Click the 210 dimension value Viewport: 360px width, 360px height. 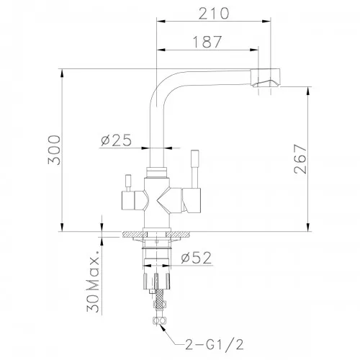tap(214, 14)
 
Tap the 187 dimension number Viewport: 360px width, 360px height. tap(207, 42)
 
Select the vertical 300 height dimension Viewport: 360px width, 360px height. tap(54, 150)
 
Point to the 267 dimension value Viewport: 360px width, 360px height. tap(300, 159)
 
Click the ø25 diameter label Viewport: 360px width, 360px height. tap(117, 140)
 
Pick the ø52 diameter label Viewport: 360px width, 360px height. tap(197, 258)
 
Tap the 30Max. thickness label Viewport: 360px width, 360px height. tap(93, 282)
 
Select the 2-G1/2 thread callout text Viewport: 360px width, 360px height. tap(215, 345)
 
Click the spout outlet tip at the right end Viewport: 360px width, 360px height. tap(266, 78)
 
